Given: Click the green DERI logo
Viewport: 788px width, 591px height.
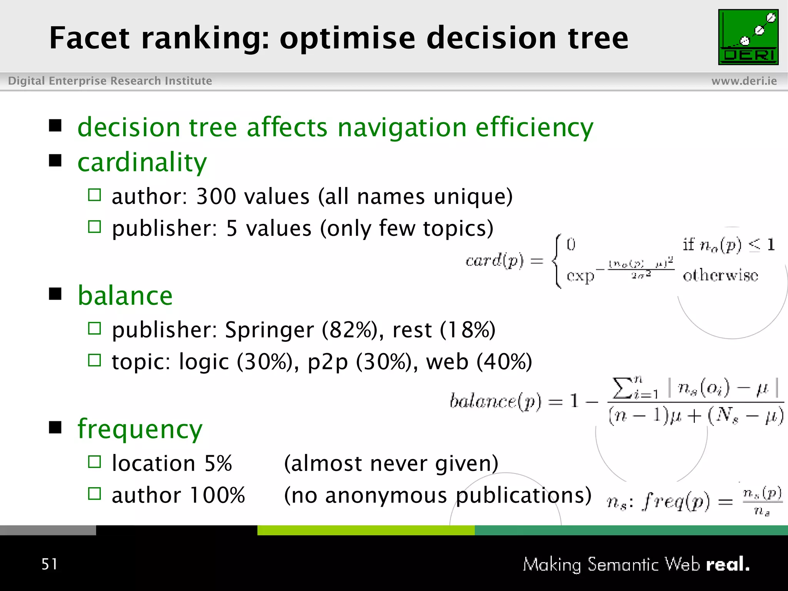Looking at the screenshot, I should click(748, 37).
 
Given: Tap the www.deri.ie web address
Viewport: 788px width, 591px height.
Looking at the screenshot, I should click(744, 81).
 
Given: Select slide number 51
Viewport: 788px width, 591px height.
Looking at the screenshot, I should click(49, 564).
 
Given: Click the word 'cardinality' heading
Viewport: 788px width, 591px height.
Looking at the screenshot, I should click(142, 162).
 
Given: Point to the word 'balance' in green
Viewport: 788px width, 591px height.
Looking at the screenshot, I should click(125, 295).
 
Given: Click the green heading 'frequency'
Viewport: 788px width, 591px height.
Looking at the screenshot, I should click(140, 429).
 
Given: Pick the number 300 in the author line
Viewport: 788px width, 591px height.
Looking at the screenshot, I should click(216, 196).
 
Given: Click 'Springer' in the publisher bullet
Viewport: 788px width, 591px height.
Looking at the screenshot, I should click(269, 330).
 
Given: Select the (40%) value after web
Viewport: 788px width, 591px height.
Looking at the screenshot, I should click(504, 362).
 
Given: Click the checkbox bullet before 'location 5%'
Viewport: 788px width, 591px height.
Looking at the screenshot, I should click(94, 461).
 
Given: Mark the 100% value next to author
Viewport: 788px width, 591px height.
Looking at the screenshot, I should click(217, 495).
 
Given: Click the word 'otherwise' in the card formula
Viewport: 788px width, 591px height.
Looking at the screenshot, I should click(720, 275).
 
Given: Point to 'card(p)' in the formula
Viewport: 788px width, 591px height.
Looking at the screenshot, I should click(494, 261).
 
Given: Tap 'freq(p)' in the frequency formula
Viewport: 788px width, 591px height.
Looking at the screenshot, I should click(676, 502).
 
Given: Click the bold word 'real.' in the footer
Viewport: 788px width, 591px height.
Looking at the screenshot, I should click(728, 564).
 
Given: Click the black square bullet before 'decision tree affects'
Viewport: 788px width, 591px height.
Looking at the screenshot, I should click(55, 125).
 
